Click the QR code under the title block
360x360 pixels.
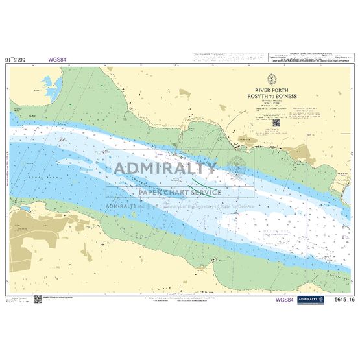point(275,121)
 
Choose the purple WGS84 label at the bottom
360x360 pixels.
point(285,300)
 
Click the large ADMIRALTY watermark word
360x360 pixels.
point(165,169)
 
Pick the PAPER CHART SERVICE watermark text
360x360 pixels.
point(180,192)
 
